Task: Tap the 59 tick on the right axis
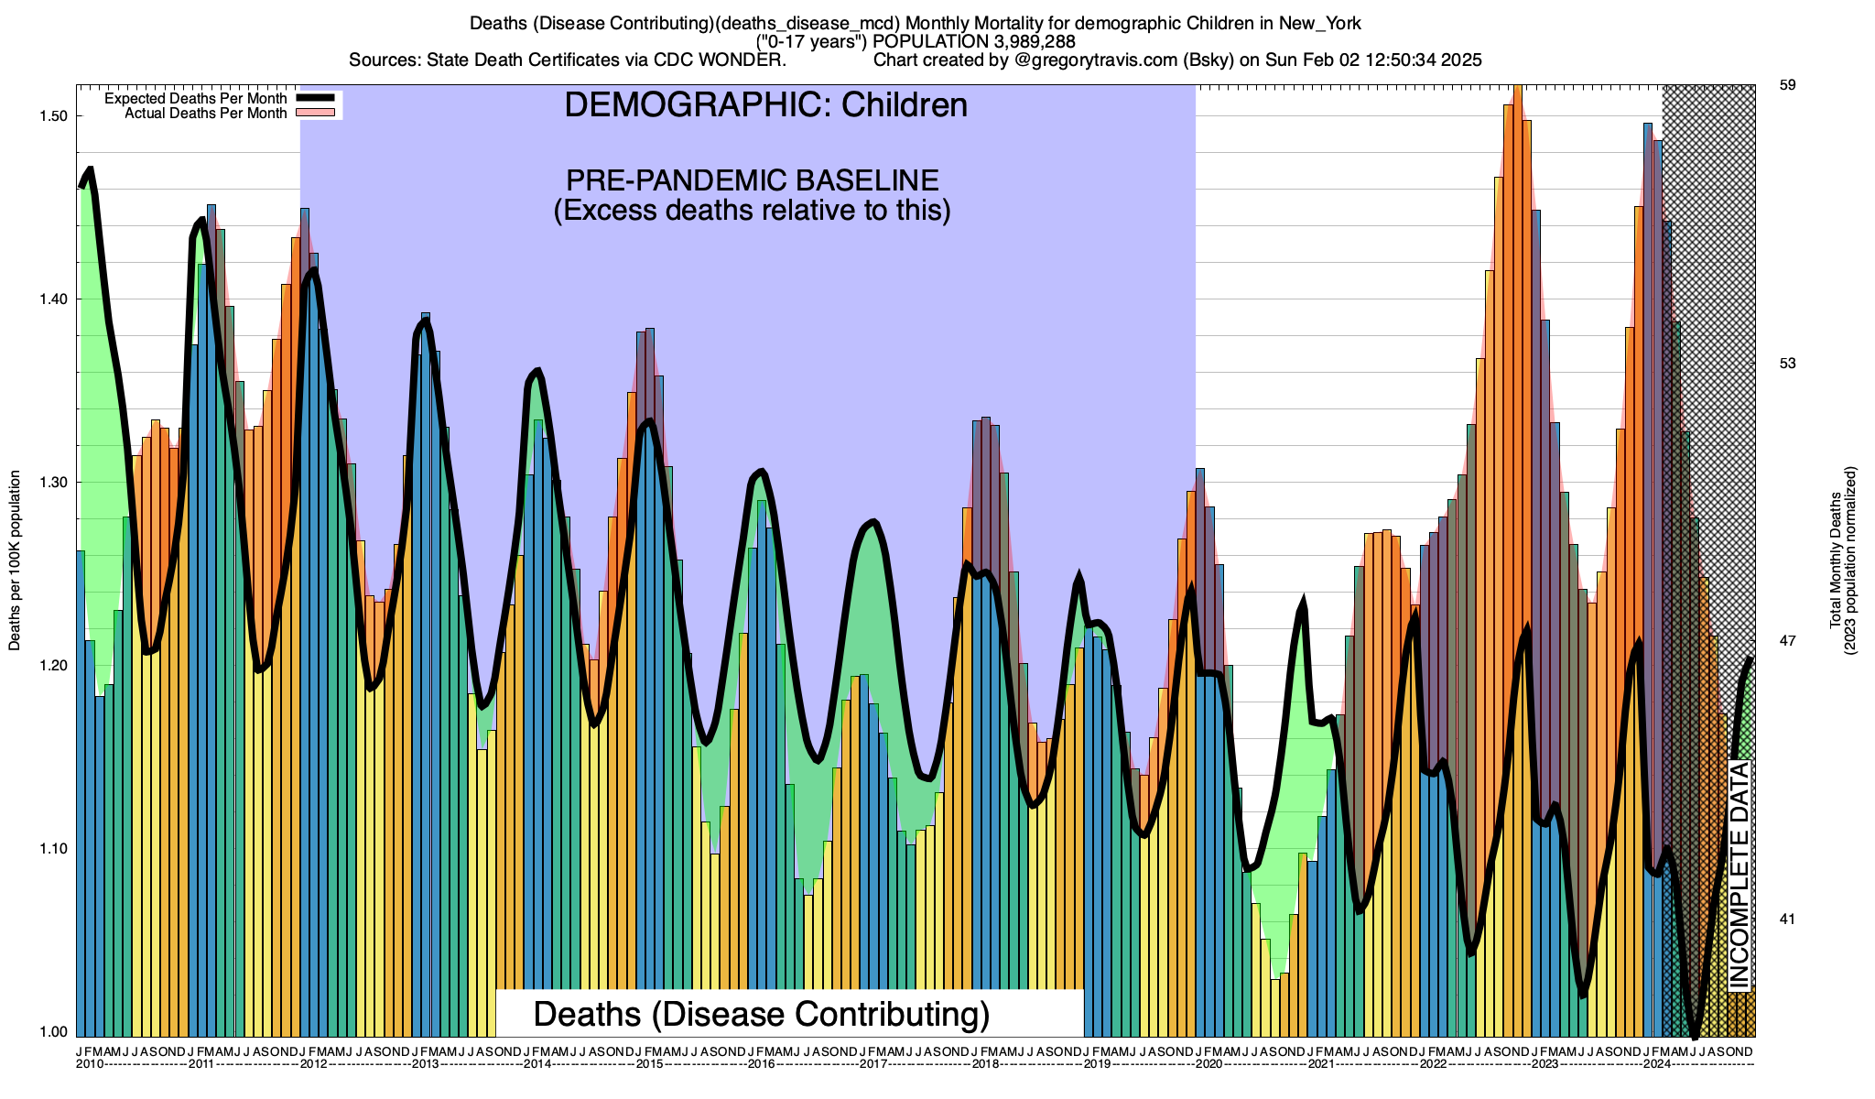click(x=1786, y=85)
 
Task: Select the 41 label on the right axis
click(x=1786, y=919)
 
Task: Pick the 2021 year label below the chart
click(x=1321, y=1064)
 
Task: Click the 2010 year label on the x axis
click(x=90, y=1064)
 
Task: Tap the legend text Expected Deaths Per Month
click(x=195, y=98)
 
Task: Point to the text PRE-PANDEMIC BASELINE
click(x=752, y=180)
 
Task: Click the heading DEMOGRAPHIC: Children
click(x=765, y=105)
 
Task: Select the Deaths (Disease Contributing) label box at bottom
click(x=762, y=1014)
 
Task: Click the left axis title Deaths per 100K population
click(x=15, y=561)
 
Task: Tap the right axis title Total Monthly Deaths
click(x=1836, y=560)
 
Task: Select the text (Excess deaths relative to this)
click(x=752, y=211)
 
